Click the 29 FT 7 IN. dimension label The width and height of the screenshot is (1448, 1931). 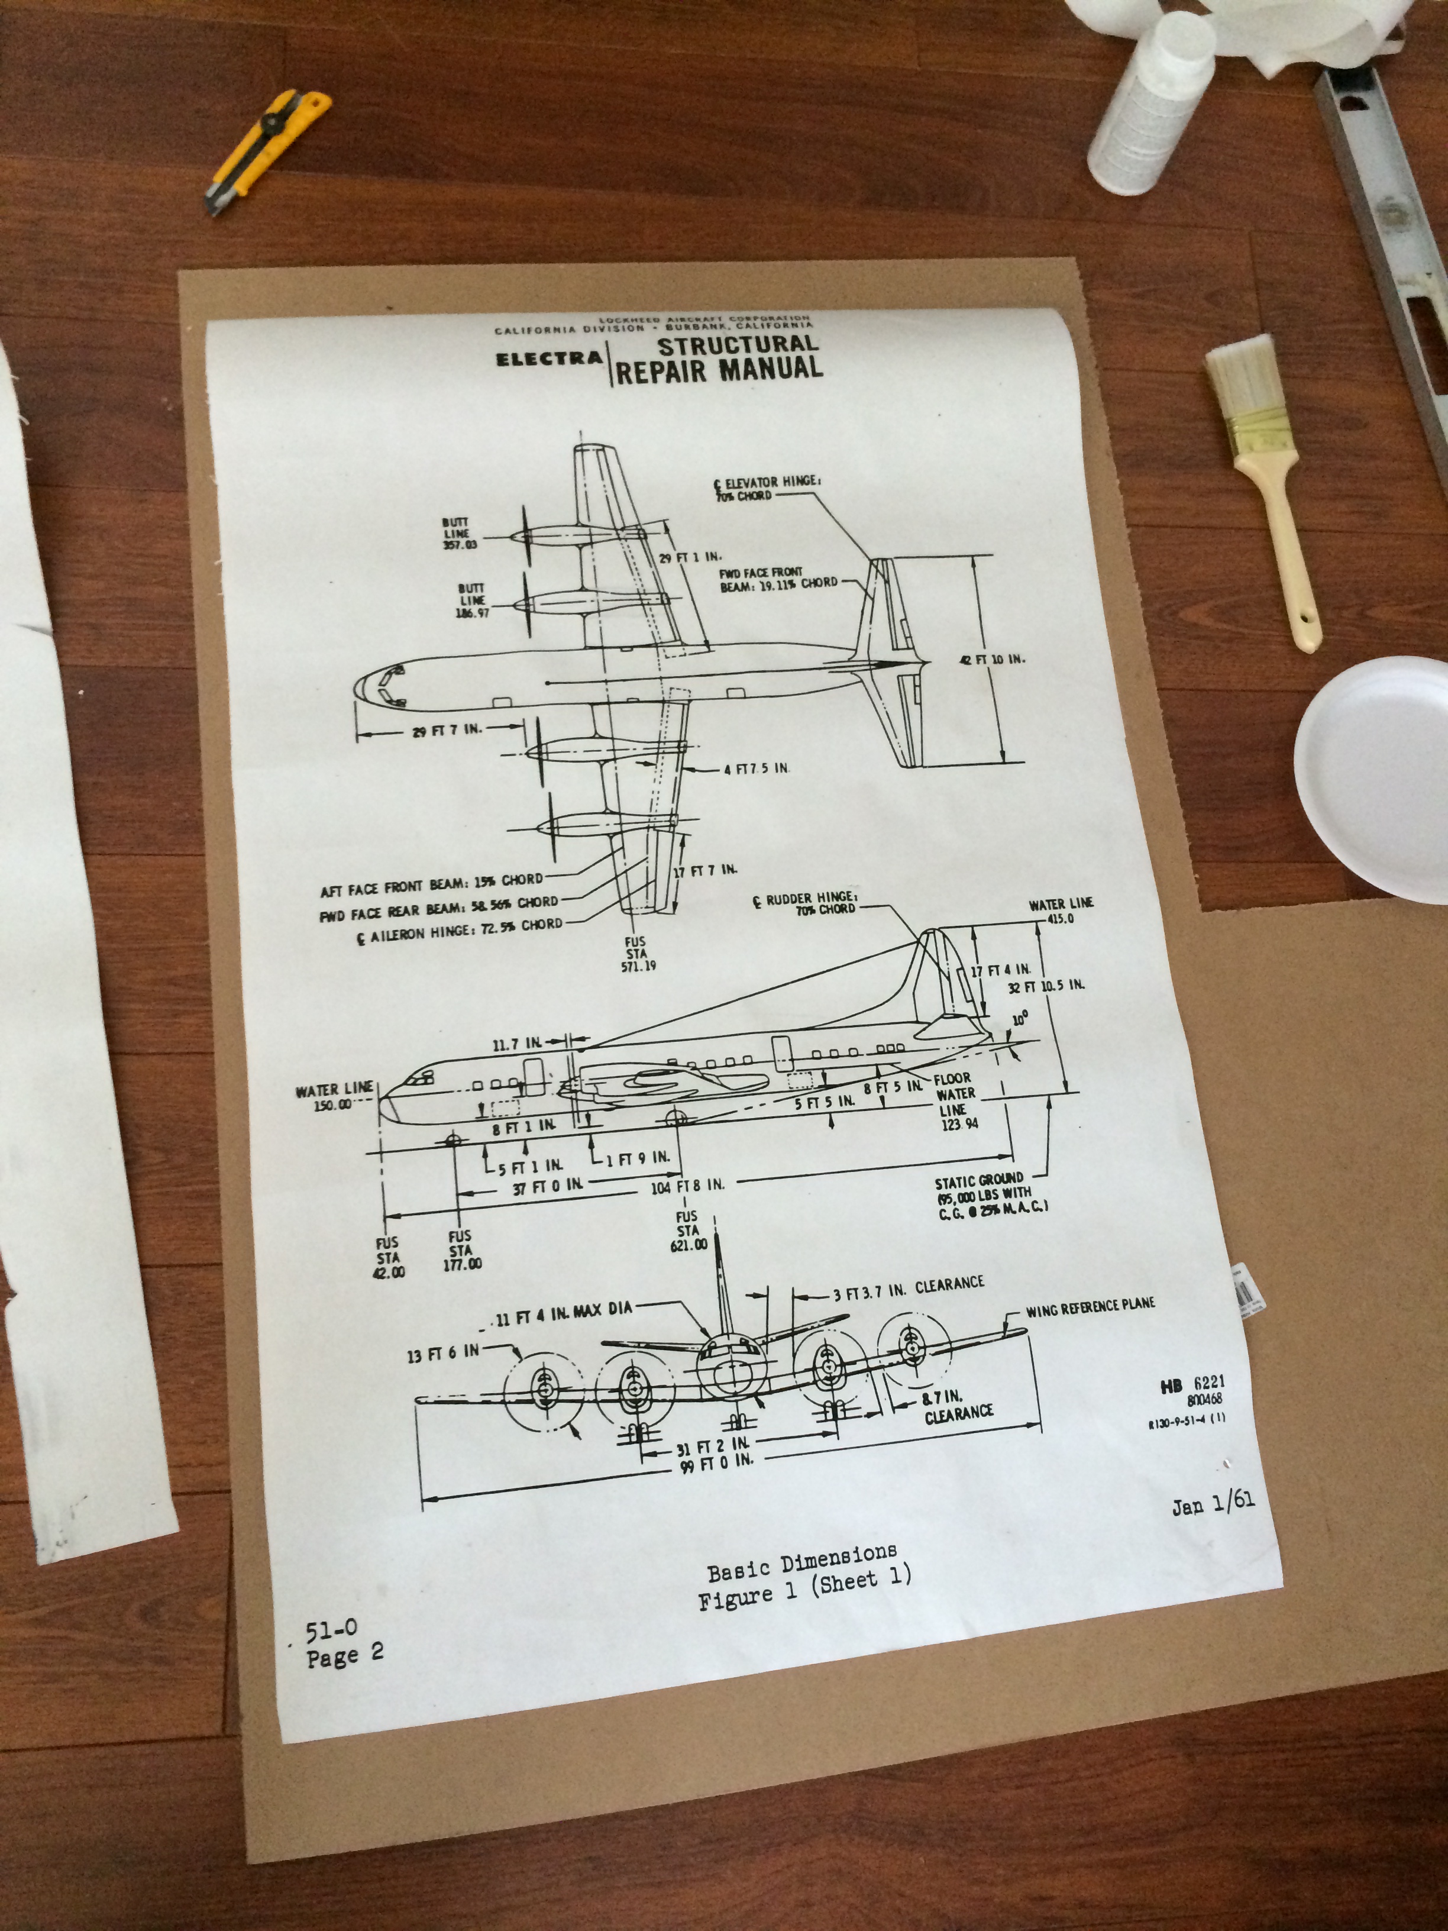pos(445,730)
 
